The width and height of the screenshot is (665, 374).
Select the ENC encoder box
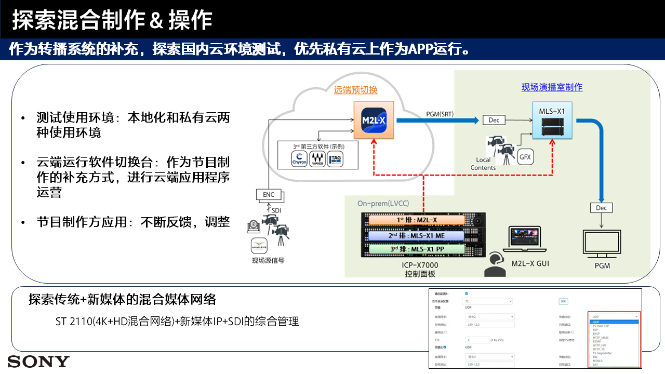[269, 195]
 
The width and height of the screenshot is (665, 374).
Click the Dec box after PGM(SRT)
[494, 120]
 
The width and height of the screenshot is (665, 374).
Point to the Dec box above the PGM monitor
[601, 208]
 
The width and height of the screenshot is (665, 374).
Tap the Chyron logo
[299, 159]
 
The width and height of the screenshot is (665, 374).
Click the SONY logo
[38, 362]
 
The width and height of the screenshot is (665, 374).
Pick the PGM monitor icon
[602, 245]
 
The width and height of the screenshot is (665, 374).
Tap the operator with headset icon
[495, 264]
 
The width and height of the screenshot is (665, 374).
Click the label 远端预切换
[355, 90]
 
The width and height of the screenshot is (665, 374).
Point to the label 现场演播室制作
[552, 87]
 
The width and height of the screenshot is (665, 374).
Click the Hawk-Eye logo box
[259, 245]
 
